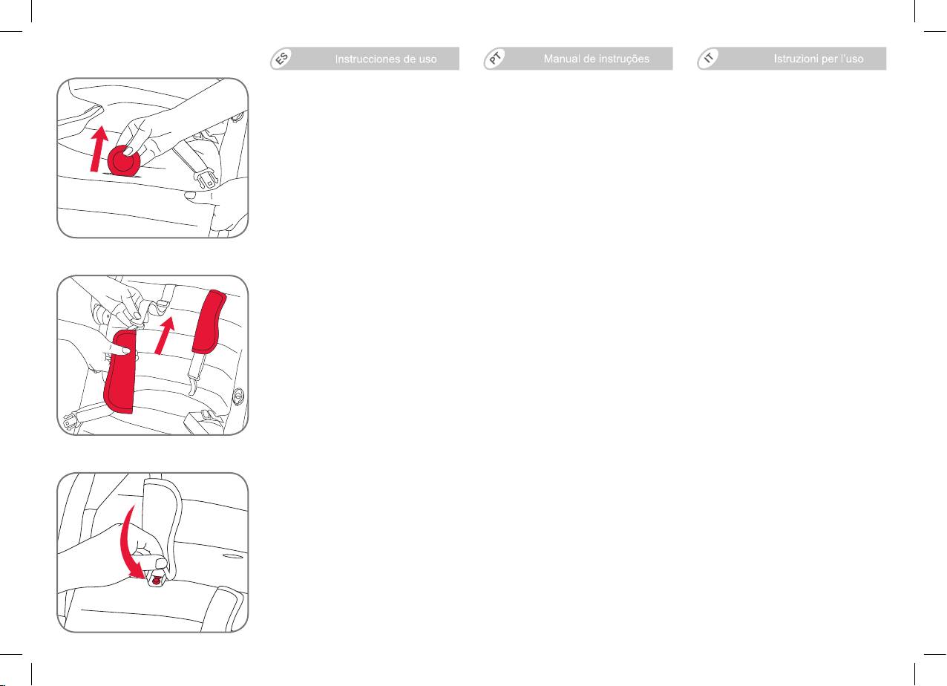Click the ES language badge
(x=281, y=58)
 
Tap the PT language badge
(x=495, y=58)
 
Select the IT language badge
(x=709, y=58)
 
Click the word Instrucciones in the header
(x=367, y=59)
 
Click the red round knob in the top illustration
(x=124, y=161)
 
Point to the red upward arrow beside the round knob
(x=99, y=149)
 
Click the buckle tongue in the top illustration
(x=207, y=178)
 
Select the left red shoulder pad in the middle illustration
(x=119, y=372)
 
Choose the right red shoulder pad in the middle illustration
(x=209, y=321)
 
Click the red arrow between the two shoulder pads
(x=166, y=336)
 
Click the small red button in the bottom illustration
(x=157, y=581)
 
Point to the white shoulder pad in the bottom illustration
(x=162, y=529)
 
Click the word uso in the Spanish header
(x=427, y=59)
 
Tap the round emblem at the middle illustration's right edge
(x=239, y=396)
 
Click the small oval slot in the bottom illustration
(x=232, y=556)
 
